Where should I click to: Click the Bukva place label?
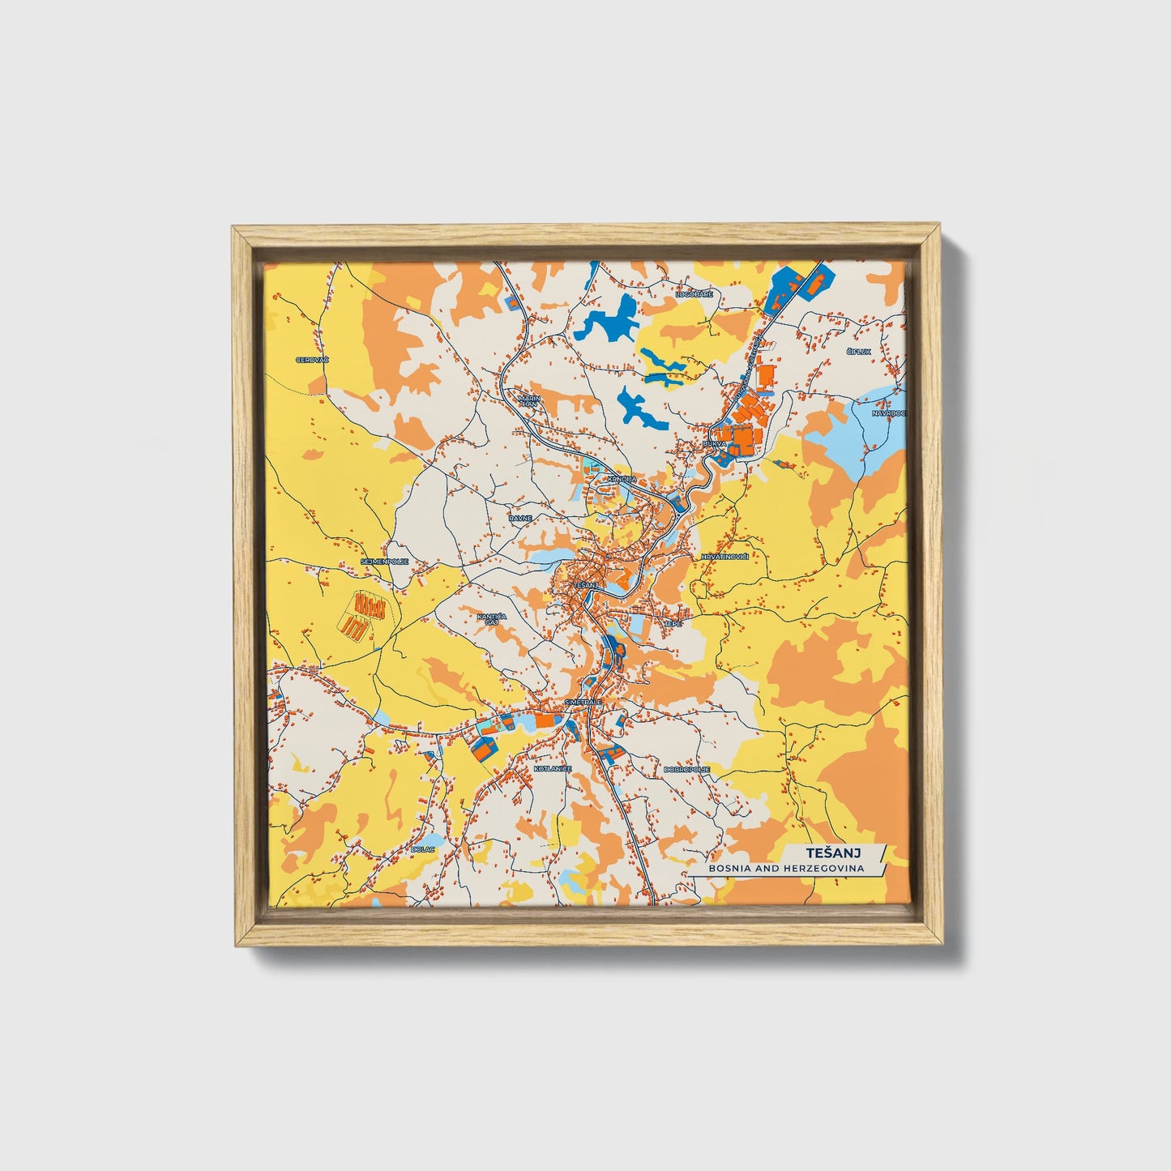coord(716,444)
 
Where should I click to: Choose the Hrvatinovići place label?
coord(724,557)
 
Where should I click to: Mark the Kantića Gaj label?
coord(491,620)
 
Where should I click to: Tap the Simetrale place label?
coord(583,702)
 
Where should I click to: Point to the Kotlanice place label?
coord(553,768)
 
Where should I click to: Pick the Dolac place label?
coord(423,848)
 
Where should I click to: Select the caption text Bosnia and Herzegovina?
coord(785,868)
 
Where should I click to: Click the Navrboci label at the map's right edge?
coord(889,412)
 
